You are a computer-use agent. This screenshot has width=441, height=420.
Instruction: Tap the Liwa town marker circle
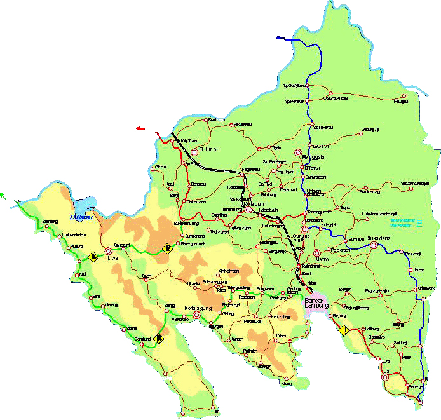[x=108, y=251]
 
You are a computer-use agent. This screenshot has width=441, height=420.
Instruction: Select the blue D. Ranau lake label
[x=82, y=217]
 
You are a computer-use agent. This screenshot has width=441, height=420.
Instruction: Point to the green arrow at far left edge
[x=3, y=196]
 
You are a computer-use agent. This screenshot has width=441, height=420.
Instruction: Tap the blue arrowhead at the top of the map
[x=278, y=38]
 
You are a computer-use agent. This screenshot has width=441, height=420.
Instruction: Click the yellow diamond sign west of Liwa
[x=93, y=257]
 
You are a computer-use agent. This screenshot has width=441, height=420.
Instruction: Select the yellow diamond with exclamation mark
[x=343, y=329]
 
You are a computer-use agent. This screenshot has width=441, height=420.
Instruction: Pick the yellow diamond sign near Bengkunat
[x=159, y=339]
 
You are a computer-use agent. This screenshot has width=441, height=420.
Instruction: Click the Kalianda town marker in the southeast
[x=385, y=376]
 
